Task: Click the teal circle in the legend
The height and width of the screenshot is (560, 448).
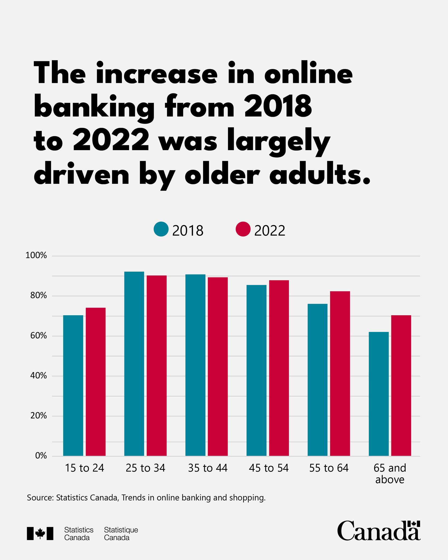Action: coord(161,229)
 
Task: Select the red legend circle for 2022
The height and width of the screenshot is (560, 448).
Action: coord(243,229)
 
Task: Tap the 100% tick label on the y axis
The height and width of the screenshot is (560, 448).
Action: coord(36,256)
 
